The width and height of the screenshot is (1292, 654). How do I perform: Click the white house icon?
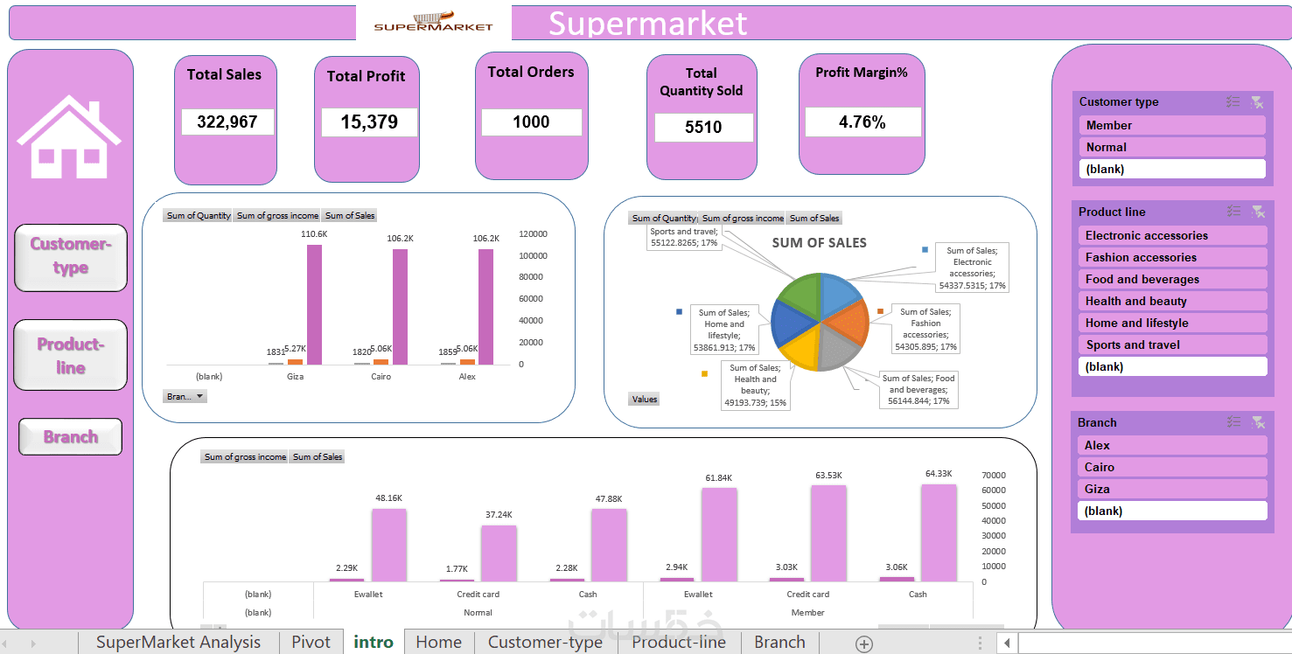[x=69, y=138]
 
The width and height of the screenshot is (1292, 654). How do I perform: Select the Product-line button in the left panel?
[x=71, y=355]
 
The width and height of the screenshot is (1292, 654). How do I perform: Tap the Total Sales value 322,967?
[x=227, y=122]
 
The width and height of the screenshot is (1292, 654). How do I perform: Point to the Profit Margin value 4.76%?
[x=862, y=122]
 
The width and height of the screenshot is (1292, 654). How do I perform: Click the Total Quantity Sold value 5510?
[x=703, y=128]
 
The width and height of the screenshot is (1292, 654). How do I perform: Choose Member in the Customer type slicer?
[x=1171, y=125]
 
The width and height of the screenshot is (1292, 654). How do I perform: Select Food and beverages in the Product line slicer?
[x=1171, y=279]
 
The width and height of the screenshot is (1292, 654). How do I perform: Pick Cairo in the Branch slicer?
[x=1171, y=467]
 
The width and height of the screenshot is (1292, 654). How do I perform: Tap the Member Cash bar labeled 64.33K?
[x=939, y=532]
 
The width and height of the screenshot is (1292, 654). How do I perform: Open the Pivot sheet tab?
[x=311, y=643]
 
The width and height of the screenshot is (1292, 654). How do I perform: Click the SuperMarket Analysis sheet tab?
[x=178, y=643]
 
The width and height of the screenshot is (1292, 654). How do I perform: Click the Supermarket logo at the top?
[x=434, y=22]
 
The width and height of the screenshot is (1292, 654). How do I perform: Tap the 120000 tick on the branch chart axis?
[x=533, y=234]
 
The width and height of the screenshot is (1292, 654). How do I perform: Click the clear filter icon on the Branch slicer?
[x=1257, y=422]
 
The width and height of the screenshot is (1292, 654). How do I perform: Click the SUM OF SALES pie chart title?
[x=820, y=243]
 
